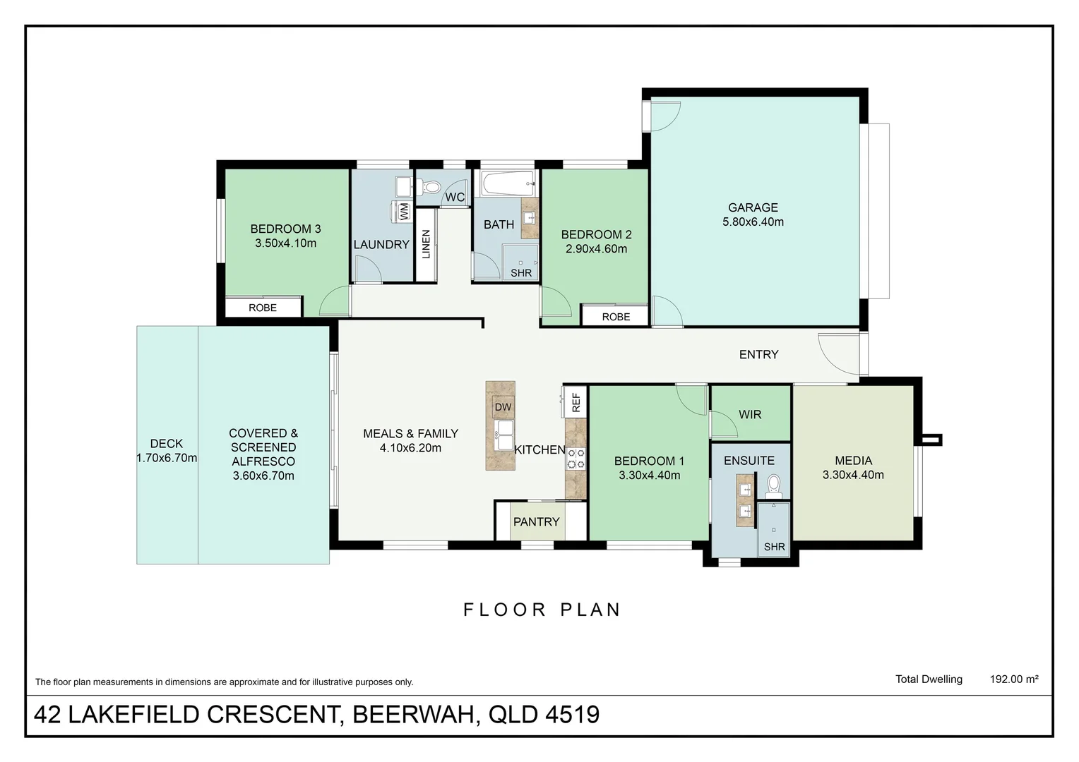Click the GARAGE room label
(753, 207)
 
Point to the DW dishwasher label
(502, 407)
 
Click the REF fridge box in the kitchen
(575, 402)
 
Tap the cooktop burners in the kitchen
(576, 459)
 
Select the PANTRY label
(536, 522)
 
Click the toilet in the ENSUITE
(774, 487)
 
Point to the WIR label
(750, 414)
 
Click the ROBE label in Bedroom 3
(263, 308)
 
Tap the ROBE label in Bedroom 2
(616, 317)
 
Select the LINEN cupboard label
(426, 244)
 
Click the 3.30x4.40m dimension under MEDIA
(853, 475)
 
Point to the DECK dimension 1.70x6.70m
(167, 458)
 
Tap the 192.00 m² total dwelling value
(1014, 679)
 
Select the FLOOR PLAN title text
(542, 610)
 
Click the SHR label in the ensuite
(774, 547)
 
